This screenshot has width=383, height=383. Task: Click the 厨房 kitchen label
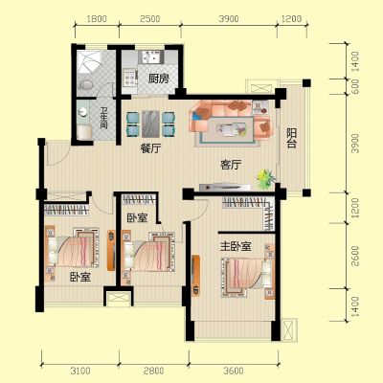tap(159, 79)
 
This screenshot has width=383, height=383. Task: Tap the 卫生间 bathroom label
tap(103, 118)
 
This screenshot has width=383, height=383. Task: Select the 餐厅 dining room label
tap(150, 148)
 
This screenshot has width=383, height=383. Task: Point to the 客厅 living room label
tap(231, 165)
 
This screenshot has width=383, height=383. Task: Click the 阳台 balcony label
tap(291, 138)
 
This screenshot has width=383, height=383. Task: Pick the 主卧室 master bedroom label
tap(236, 246)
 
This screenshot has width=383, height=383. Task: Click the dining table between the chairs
tap(150, 124)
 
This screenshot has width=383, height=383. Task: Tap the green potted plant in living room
tap(265, 179)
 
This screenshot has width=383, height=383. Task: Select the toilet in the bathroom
tap(85, 85)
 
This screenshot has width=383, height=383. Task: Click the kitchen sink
tap(150, 57)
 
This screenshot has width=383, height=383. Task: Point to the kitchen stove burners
tap(130, 79)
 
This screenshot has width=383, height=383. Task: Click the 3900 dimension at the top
tap(229, 19)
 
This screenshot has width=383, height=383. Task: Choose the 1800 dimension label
tap(97, 19)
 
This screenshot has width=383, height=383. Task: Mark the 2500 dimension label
tap(150, 19)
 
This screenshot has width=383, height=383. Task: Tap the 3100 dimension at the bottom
tap(80, 371)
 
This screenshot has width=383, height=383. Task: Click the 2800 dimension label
tap(153, 371)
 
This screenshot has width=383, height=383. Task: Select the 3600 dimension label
tap(234, 371)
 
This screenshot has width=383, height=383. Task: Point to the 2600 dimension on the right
tap(354, 256)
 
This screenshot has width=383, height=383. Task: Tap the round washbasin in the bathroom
tap(83, 112)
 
